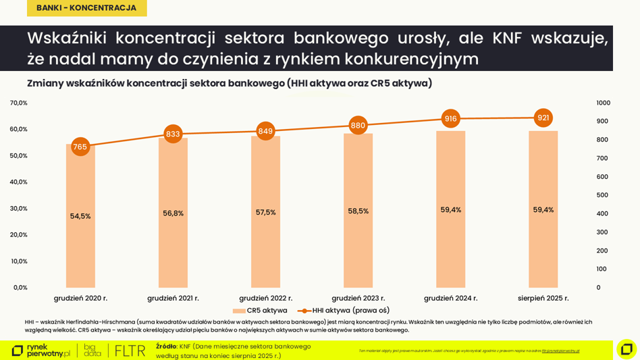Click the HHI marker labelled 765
[x=80, y=147]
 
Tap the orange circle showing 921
[x=543, y=118]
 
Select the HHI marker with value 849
[x=265, y=131]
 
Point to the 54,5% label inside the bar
[x=80, y=216]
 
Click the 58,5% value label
[x=358, y=211]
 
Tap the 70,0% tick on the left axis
[x=18, y=103]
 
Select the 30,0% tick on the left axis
[x=18, y=209]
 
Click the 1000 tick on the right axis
[x=603, y=103]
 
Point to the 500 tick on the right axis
[x=602, y=195]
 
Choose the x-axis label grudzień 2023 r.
[x=358, y=298]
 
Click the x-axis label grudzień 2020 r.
[x=80, y=298]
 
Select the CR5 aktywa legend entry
[x=260, y=311]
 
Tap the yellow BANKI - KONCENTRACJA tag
[x=86, y=8]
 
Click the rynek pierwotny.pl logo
[x=41, y=351]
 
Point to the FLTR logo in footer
[x=130, y=351]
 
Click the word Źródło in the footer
[x=166, y=346]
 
